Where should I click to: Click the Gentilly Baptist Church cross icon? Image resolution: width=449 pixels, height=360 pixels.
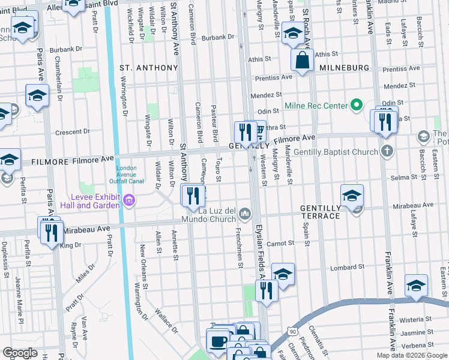(x=387, y=151)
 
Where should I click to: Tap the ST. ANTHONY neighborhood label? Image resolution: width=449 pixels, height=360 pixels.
(x=149, y=68)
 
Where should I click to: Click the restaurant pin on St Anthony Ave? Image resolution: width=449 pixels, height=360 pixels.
(x=193, y=196)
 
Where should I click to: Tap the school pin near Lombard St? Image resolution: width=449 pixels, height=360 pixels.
(x=283, y=274)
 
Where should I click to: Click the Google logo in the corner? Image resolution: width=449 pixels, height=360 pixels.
(x=20, y=352)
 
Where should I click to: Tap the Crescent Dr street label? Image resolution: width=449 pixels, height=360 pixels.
(x=72, y=131)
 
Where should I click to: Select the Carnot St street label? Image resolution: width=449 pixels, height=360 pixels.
(x=280, y=244)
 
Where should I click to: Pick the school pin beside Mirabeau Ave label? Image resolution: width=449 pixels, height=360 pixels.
(x=352, y=195)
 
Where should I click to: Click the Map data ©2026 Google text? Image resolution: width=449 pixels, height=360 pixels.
(x=411, y=355)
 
